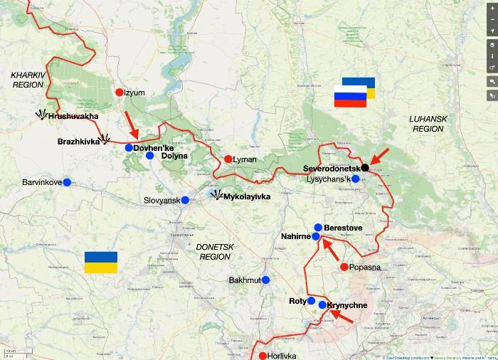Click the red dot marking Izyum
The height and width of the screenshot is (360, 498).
(120, 92)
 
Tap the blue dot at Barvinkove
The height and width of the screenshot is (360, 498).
(67, 182)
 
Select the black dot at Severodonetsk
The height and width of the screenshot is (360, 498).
(365, 167)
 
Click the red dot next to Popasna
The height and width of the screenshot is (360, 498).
(344, 267)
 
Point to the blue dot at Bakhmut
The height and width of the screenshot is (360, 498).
(265, 280)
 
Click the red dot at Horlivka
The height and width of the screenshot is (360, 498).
(263, 356)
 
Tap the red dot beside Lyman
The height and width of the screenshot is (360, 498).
(228, 159)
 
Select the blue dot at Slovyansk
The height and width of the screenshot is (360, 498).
(185, 200)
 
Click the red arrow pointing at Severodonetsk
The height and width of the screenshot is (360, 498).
(380, 155)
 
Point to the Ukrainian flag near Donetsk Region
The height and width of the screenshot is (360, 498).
(100, 262)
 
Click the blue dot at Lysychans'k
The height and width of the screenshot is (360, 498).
(356, 179)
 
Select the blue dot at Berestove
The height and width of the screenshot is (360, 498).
(318, 228)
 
